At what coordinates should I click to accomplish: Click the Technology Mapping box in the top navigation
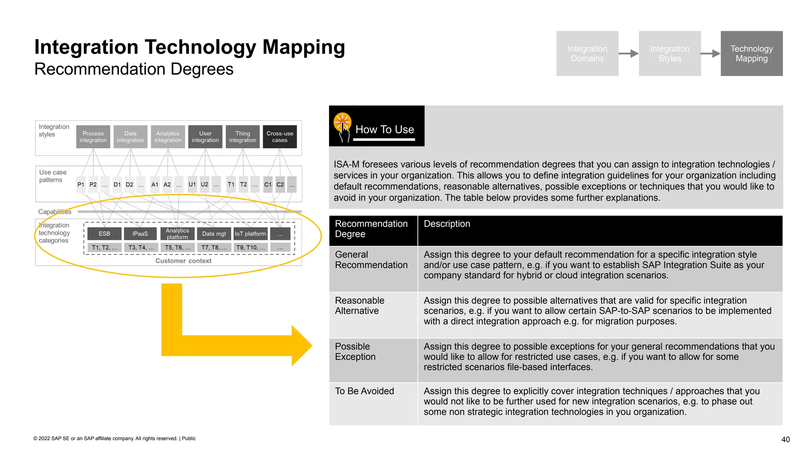[x=751, y=53]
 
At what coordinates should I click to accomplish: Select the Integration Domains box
[x=587, y=53]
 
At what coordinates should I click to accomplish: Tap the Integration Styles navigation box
[x=669, y=53]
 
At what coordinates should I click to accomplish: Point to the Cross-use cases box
[x=280, y=137]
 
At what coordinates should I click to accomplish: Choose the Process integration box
[x=93, y=137]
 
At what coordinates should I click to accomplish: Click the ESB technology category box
[x=104, y=234]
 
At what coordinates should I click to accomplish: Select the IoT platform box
[x=250, y=234]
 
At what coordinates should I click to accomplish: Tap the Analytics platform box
[x=177, y=234]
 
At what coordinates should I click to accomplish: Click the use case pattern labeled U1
[x=192, y=184]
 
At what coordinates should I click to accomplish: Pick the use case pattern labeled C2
[x=280, y=184]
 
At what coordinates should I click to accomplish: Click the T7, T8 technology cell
[x=214, y=247]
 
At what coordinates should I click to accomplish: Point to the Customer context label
[x=183, y=260]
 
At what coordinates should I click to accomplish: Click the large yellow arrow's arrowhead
[x=301, y=346]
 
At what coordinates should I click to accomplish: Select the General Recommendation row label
[x=371, y=260]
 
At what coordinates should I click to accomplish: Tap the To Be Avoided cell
[x=364, y=391]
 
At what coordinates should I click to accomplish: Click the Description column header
[x=447, y=224]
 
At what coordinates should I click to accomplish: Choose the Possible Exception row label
[x=355, y=351]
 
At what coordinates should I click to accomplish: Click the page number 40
[x=785, y=439]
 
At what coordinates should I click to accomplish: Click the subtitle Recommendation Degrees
[x=134, y=69]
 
